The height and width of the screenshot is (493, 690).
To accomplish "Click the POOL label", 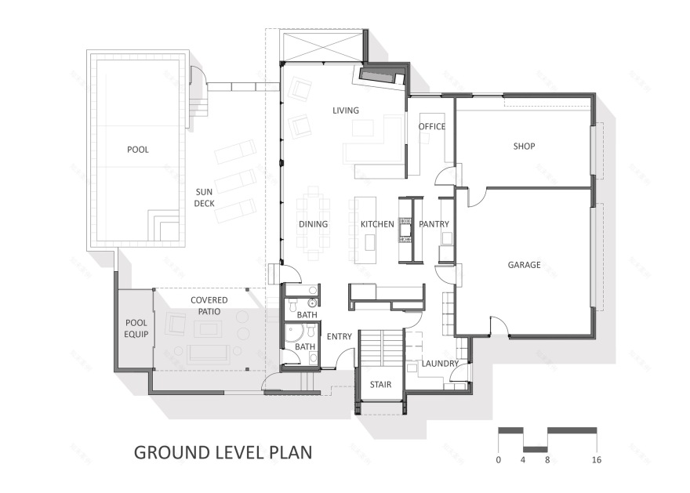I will pos(137,150).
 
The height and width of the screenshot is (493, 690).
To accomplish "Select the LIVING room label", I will pos(345,111).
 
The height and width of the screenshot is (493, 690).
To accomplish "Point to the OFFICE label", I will pos(431,127).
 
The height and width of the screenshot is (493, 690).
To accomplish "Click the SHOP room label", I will pos(524,146).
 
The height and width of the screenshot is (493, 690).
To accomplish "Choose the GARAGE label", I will pos(524,265).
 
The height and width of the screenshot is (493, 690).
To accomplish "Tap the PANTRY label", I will pos(434,225).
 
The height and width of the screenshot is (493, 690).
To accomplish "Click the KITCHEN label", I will pos(377,225).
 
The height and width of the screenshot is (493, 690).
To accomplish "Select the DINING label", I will pos(313,225).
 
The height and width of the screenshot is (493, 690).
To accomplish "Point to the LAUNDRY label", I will pos(440,364).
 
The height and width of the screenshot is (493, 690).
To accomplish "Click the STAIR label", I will pos(380,385).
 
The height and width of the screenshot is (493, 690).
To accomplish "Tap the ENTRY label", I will pos(340,337).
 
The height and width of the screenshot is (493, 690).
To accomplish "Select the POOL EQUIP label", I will pos(136,328).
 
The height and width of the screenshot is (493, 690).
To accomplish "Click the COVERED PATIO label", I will pos(209,306).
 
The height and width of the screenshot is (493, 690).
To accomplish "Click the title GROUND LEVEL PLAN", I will pos(223,452).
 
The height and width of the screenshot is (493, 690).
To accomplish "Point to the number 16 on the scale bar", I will pos(596,460).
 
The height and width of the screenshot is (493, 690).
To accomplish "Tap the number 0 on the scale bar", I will pos(499,460).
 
